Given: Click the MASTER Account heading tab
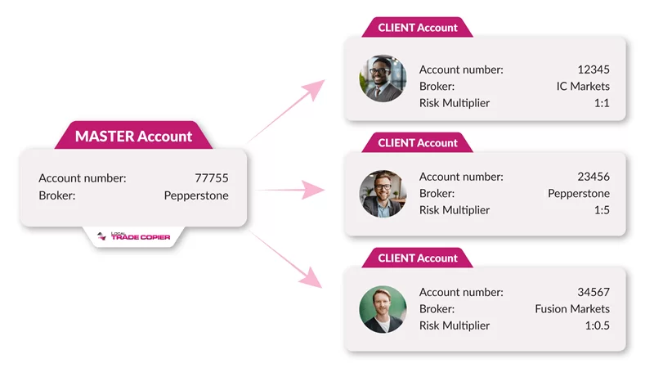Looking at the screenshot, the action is [133, 135].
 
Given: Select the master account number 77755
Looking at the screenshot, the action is [212, 178].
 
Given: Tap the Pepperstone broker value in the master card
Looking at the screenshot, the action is [196, 195].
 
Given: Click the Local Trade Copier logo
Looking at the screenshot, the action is [133, 236].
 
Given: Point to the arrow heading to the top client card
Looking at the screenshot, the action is [285, 110].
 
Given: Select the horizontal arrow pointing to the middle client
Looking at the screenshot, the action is [290, 190].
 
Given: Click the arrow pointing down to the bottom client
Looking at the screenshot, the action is [285, 258].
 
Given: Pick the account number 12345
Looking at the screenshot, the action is [594, 70].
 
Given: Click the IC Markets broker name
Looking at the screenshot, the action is [583, 87].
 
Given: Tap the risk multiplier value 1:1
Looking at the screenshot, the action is [602, 103].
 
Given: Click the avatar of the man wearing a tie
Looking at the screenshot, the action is [383, 79].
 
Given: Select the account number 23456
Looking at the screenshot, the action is [594, 177].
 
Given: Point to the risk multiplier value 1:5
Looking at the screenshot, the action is [602, 210].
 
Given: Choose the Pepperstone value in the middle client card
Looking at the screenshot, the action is [579, 194].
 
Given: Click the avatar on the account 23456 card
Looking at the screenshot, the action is [383, 194].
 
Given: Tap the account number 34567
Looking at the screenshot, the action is [594, 292].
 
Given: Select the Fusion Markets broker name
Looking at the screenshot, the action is [572, 309].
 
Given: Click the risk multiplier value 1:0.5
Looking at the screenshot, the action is [598, 325].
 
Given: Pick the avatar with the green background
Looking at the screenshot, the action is [383, 309].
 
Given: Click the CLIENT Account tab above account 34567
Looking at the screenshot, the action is [418, 258].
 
